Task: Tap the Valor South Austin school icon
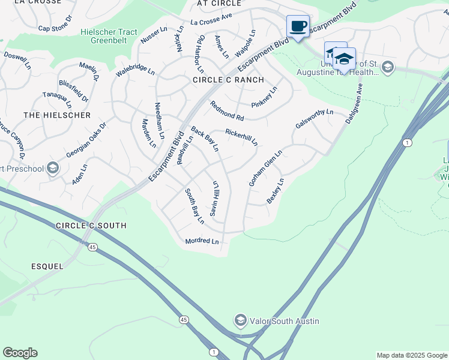coord(241,320)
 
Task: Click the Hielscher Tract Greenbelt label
coord(113,37)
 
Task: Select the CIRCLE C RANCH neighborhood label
coord(228,80)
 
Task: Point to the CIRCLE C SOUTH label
coord(91,226)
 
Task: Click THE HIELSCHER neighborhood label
coord(57,115)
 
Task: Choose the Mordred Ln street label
coord(202,241)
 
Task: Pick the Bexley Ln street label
coord(275,191)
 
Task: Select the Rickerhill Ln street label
coord(241,137)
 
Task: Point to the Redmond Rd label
coord(227,110)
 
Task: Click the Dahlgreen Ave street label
coord(354,104)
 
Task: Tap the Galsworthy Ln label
coord(314,118)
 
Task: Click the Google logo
coord(20,352)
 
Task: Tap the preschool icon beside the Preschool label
coord(53,168)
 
